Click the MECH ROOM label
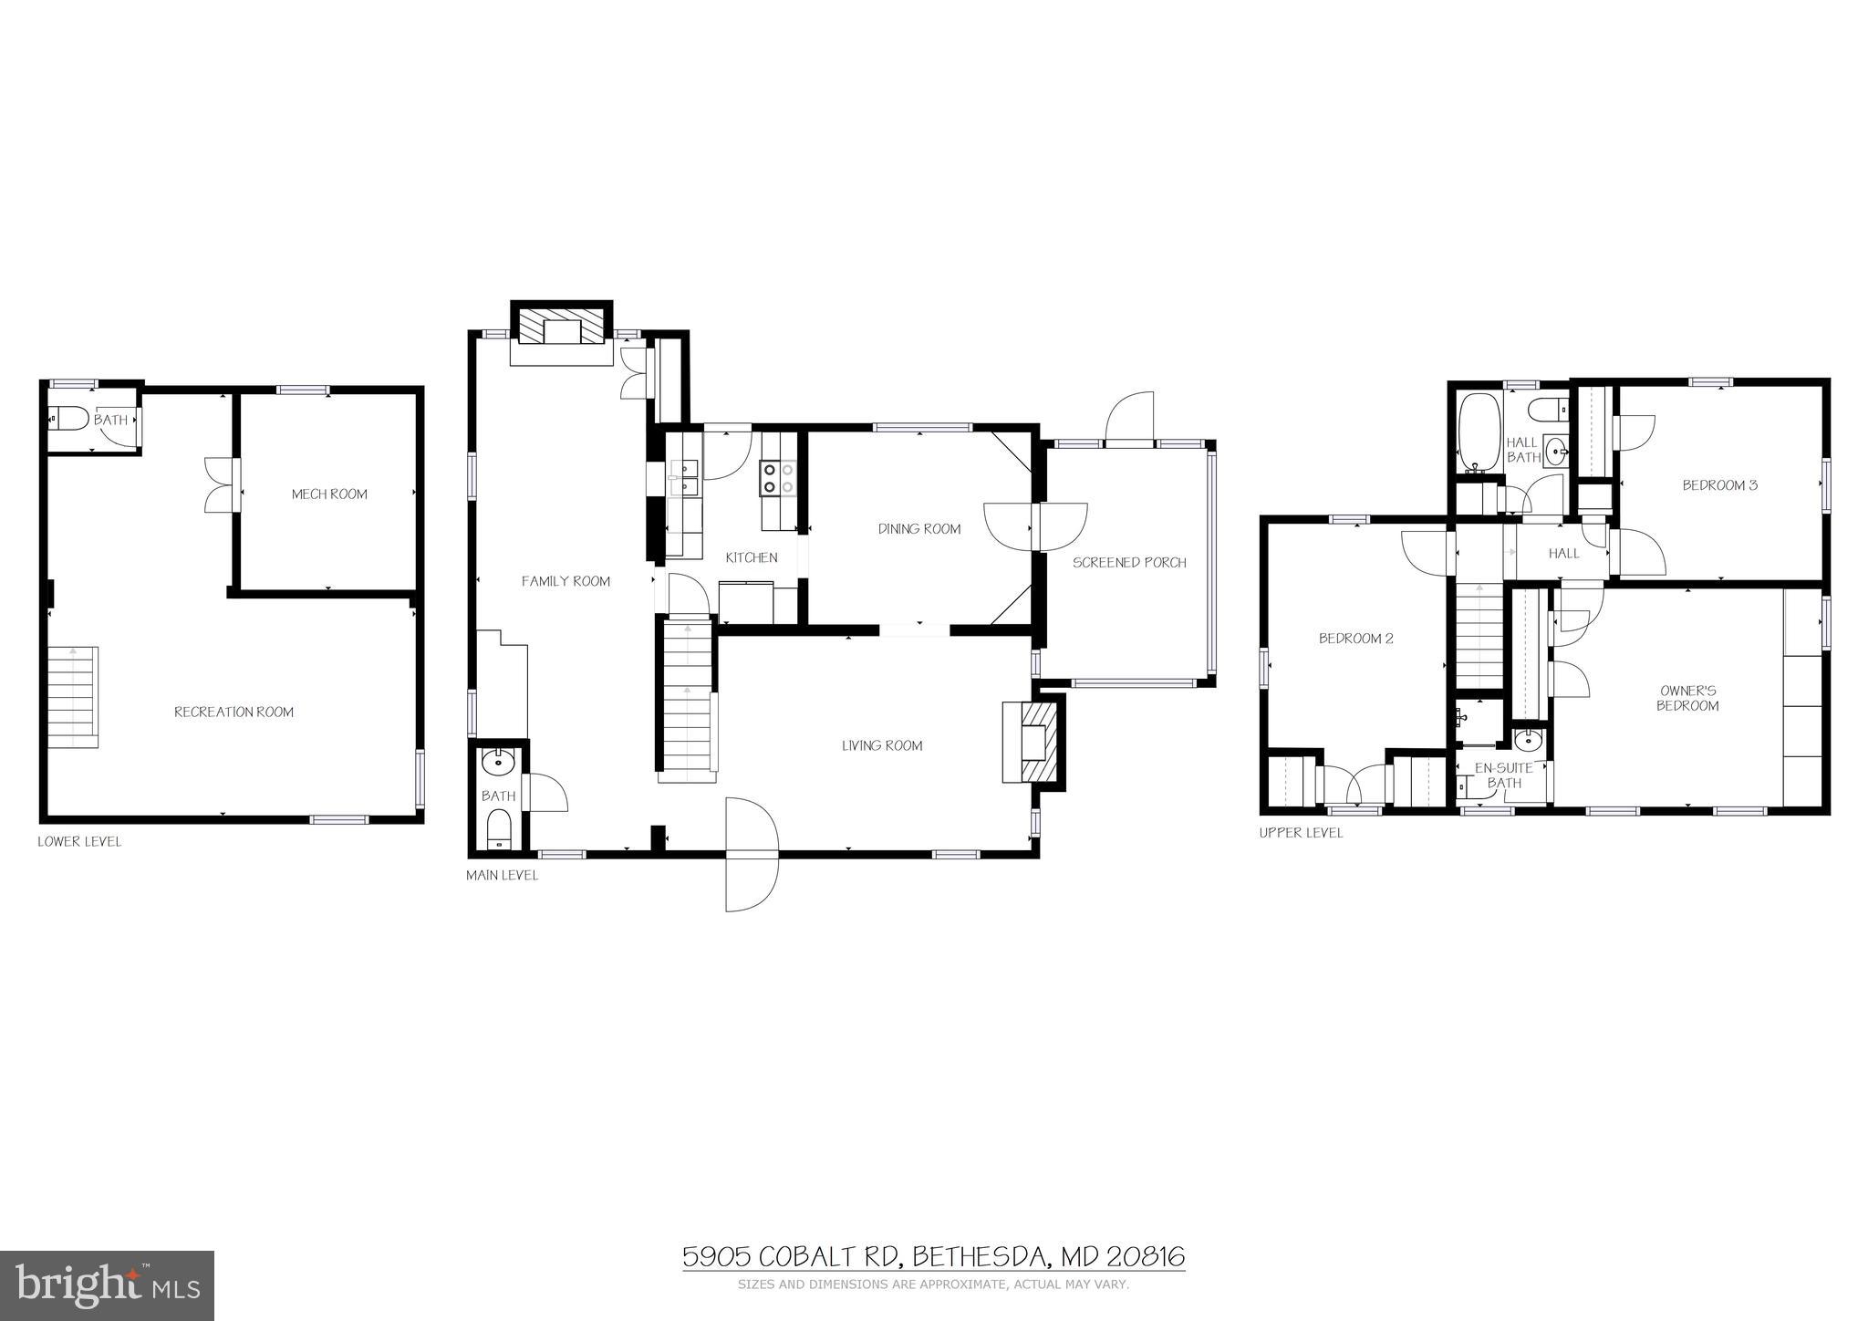pyautogui.click(x=329, y=494)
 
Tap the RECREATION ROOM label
pyautogui.click(x=233, y=713)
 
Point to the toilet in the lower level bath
pyautogui.click(x=67, y=419)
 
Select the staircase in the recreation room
pyautogui.click(x=72, y=697)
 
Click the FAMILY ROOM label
pyautogui.click(x=566, y=581)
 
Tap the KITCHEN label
pyautogui.click(x=752, y=557)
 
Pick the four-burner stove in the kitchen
pyautogui.click(x=778, y=478)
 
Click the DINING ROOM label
pyautogui.click(x=918, y=529)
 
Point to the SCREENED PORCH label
pyautogui.click(x=1129, y=563)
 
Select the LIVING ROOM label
pyautogui.click(x=882, y=746)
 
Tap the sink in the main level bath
pyautogui.click(x=498, y=760)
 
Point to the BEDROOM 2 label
pyautogui.click(x=1355, y=639)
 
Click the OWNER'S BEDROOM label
pyautogui.click(x=1687, y=699)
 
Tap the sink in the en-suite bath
pyautogui.click(x=1528, y=739)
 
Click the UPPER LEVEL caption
pyautogui.click(x=1301, y=833)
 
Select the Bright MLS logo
pyautogui.click(x=108, y=1285)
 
